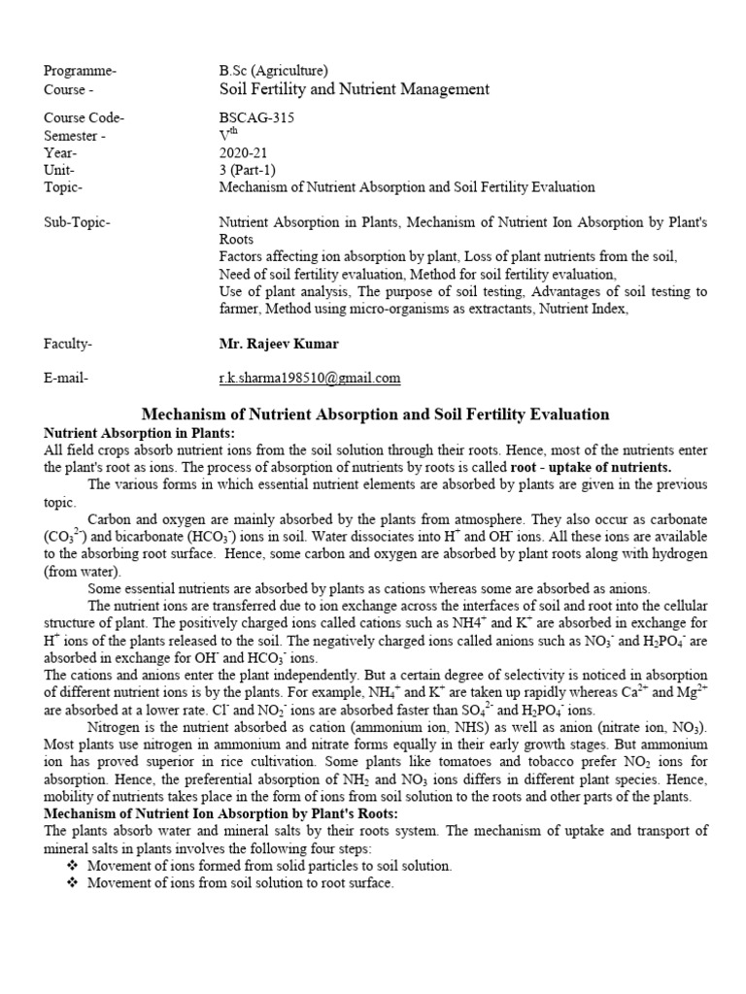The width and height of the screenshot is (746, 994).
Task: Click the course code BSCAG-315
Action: [x=256, y=117]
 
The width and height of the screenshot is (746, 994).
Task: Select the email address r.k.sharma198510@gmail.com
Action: [x=310, y=378]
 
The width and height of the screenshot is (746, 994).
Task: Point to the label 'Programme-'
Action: [x=81, y=70]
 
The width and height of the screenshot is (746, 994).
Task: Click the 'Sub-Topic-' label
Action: [x=78, y=222]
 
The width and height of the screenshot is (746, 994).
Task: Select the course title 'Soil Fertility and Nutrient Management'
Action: [x=355, y=89]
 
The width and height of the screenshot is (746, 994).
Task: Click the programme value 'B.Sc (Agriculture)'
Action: [x=274, y=70]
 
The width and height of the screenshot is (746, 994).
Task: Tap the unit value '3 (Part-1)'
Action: [x=249, y=170]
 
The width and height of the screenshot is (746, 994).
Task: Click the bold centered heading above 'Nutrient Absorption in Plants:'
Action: [x=376, y=414]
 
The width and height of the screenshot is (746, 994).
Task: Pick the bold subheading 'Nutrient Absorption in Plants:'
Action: [x=140, y=432]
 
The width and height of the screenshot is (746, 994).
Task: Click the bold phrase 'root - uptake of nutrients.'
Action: [x=587, y=467]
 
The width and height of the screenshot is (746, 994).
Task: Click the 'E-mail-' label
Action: [x=67, y=378]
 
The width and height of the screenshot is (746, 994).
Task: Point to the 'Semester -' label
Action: [x=77, y=135]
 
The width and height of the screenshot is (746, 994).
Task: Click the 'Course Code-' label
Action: [x=85, y=117]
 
